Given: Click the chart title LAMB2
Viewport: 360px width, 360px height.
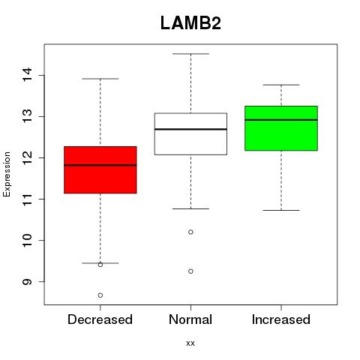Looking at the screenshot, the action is pyautogui.click(x=190, y=23).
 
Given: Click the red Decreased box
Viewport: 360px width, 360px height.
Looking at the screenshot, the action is pyautogui.click(x=100, y=169).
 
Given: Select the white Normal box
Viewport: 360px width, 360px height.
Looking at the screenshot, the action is pyautogui.click(x=190, y=134).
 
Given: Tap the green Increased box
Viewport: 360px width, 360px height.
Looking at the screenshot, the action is pyautogui.click(x=281, y=128).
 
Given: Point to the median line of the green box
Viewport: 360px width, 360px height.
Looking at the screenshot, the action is pyautogui.click(x=281, y=120).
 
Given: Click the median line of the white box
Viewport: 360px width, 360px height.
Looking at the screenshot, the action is pyautogui.click(x=190, y=129).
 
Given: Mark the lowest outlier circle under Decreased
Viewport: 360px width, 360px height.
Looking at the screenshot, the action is pyautogui.click(x=100, y=295).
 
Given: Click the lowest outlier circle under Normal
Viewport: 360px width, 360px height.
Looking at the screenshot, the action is pyautogui.click(x=190, y=271).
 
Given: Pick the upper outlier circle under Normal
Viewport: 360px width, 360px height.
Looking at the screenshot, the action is pyautogui.click(x=190, y=232).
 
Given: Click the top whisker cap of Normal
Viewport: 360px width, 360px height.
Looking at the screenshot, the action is pyautogui.click(x=190, y=54).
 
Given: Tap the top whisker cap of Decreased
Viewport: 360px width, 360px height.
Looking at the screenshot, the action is pyautogui.click(x=100, y=79).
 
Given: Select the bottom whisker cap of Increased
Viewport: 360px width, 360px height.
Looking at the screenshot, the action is pyautogui.click(x=281, y=210).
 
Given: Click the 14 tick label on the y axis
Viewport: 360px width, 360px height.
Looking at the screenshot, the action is pyautogui.click(x=27, y=74).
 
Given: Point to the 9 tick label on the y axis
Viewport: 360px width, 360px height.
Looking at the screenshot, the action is pyautogui.click(x=27, y=282).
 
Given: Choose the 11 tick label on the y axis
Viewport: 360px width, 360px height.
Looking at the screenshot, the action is pyautogui.click(x=27, y=199).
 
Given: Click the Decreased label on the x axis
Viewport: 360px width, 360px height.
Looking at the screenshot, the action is pyautogui.click(x=100, y=319).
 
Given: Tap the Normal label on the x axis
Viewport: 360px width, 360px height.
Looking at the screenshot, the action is pyautogui.click(x=190, y=319).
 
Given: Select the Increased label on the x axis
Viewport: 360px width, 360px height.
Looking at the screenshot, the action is pyautogui.click(x=281, y=319).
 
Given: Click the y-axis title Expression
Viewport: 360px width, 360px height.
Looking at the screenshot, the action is pyautogui.click(x=7, y=174).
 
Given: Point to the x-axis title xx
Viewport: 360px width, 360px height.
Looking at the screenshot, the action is pyautogui.click(x=190, y=343).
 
